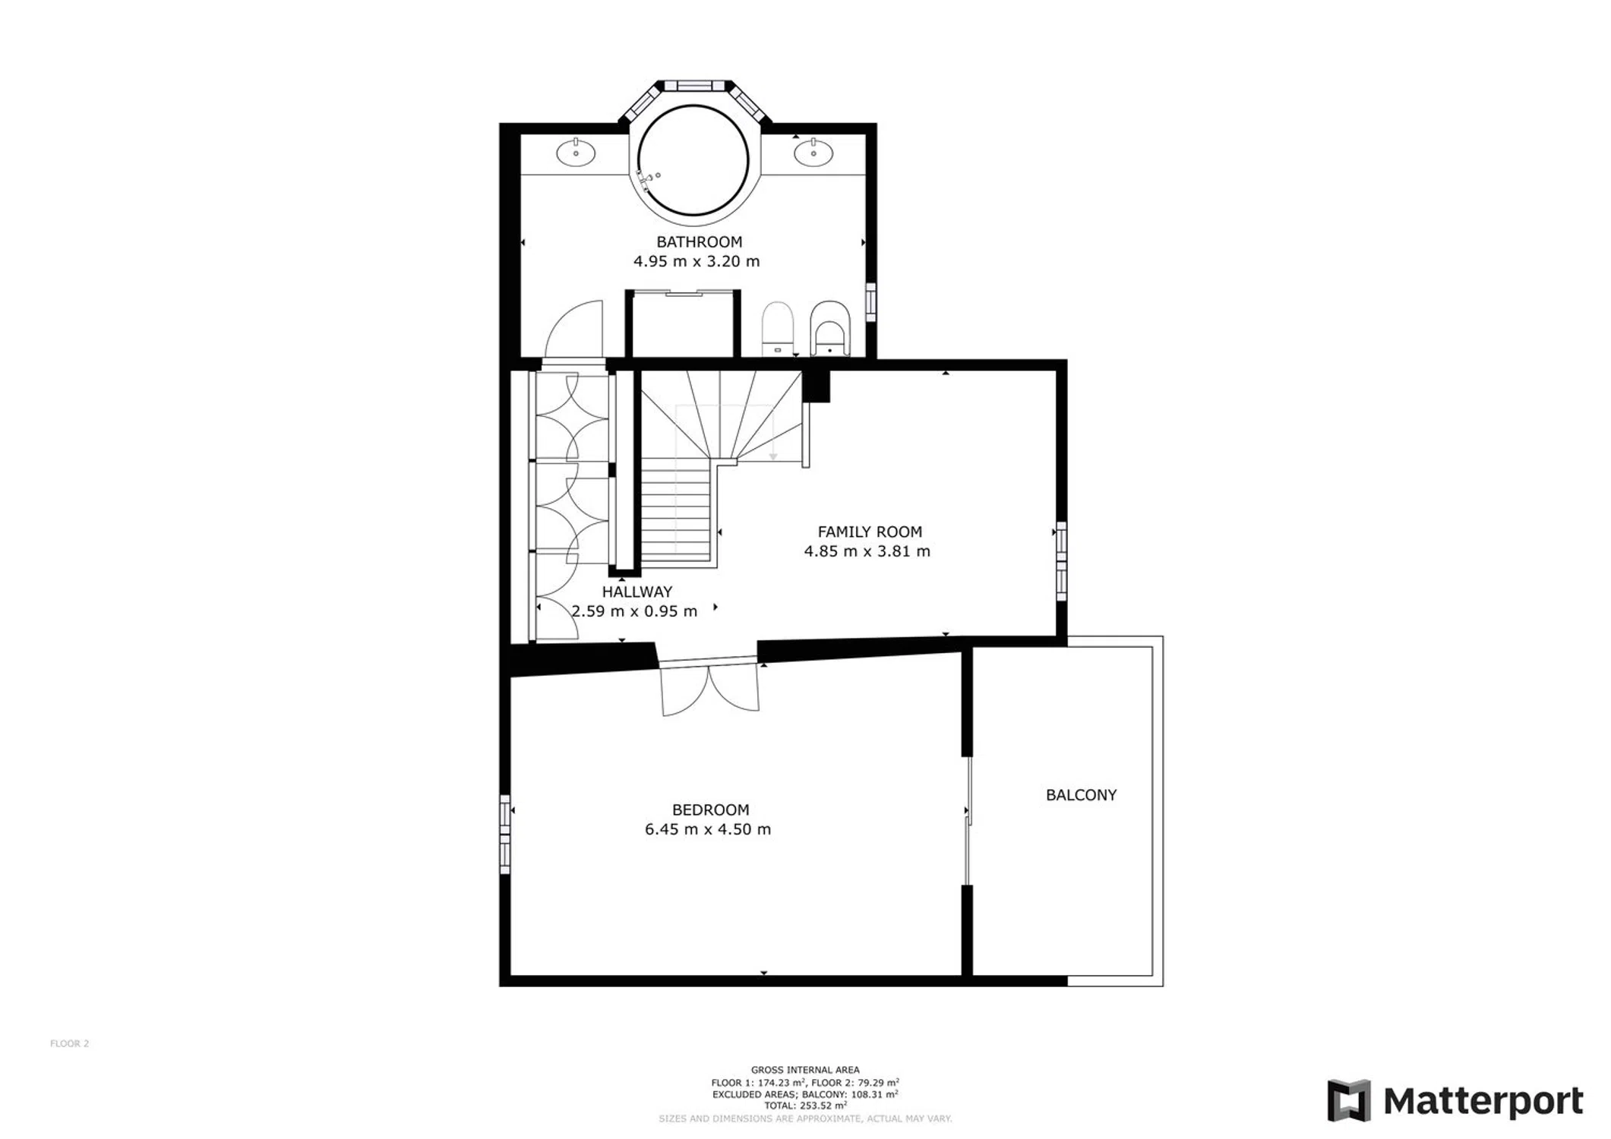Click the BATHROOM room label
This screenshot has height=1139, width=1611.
point(699,242)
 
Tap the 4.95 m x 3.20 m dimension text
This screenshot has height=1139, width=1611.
point(697,261)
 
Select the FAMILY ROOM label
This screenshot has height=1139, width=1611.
point(870,532)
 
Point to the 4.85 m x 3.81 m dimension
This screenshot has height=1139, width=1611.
point(867,551)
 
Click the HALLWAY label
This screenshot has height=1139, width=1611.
point(637,592)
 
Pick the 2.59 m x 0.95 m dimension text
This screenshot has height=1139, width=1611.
point(634,611)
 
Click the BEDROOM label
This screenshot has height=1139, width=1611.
point(710,810)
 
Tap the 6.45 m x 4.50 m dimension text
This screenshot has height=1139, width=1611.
point(708,829)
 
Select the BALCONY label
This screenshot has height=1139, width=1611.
point(1081,795)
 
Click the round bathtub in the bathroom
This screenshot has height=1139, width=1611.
point(693,161)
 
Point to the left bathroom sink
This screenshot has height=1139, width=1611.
point(576,152)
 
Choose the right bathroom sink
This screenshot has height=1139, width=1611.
point(813,152)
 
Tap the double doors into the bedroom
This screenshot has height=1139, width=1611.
point(709,687)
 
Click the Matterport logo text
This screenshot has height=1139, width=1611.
point(1483,1101)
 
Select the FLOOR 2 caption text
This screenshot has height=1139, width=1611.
point(69,1043)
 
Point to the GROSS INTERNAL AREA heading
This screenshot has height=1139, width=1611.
point(805,1070)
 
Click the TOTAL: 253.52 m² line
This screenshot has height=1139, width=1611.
point(805,1106)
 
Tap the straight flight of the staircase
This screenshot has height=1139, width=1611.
point(675,513)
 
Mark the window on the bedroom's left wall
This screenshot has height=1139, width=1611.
point(505,834)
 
